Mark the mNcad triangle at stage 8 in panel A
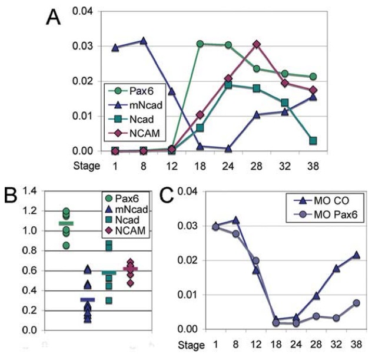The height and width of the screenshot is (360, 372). [x=142, y=41]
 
